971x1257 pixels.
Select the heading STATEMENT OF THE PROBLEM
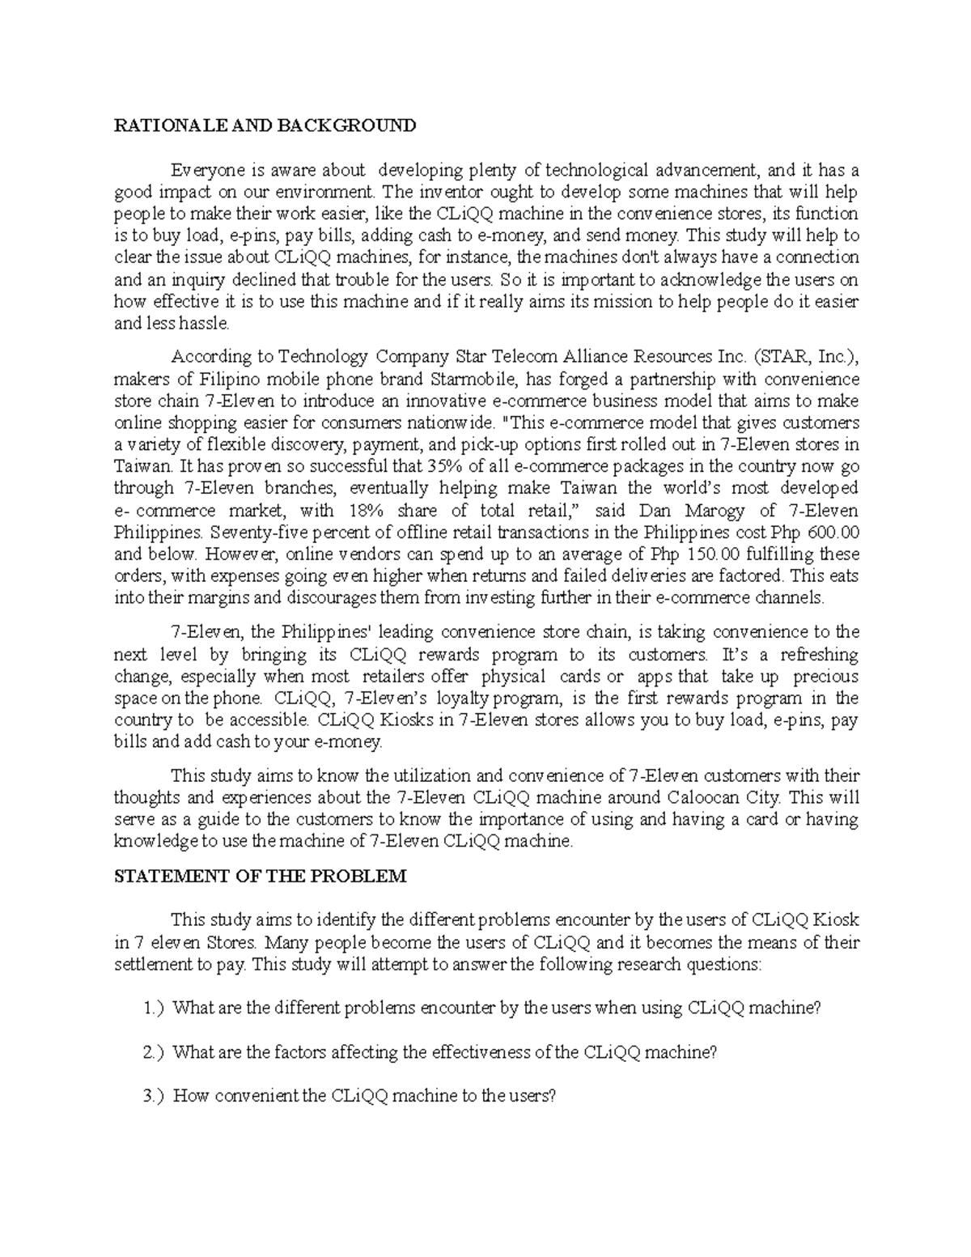point(259,877)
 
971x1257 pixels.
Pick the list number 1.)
point(153,1009)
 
